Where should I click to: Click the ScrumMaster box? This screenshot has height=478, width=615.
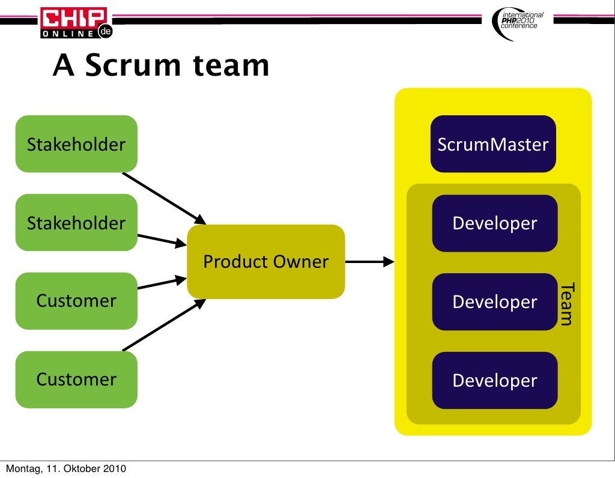tap(493, 144)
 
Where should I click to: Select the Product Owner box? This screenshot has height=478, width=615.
tap(266, 262)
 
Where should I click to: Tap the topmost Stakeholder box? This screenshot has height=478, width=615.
tap(76, 144)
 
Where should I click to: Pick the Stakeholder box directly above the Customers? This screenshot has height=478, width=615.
tap(76, 223)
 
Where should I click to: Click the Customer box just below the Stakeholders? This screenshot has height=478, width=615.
tap(76, 301)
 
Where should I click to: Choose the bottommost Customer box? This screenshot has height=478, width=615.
tap(76, 380)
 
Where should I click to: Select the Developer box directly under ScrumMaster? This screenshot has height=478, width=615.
tap(494, 223)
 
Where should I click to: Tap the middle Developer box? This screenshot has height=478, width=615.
tap(494, 301)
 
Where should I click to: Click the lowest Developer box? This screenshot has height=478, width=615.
tap(494, 380)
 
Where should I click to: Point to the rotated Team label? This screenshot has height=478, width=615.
tap(566, 304)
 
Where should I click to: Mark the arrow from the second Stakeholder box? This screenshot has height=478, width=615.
tap(161, 240)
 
